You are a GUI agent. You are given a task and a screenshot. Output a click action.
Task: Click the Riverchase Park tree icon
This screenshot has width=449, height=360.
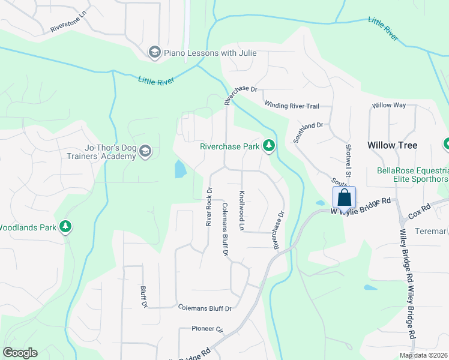270,146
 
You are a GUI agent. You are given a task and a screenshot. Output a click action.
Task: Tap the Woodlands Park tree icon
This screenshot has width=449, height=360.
65,227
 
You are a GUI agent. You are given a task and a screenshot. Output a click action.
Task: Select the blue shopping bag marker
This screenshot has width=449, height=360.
345,197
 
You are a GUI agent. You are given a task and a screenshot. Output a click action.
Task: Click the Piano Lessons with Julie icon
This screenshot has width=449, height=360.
155,53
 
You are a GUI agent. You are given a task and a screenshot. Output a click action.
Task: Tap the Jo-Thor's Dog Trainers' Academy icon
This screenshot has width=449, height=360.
145,152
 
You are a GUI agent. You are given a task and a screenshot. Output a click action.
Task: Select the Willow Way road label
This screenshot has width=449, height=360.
389,105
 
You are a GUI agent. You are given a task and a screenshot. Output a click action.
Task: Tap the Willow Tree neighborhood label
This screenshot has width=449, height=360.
392,145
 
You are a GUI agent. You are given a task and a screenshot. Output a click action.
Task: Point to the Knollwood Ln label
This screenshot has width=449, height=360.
242,211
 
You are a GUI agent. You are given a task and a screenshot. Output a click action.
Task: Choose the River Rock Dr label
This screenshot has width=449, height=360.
209,207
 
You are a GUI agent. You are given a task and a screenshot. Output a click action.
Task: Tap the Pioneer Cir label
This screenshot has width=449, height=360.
208,329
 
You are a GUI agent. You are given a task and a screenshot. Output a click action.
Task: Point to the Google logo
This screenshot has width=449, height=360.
20,353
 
